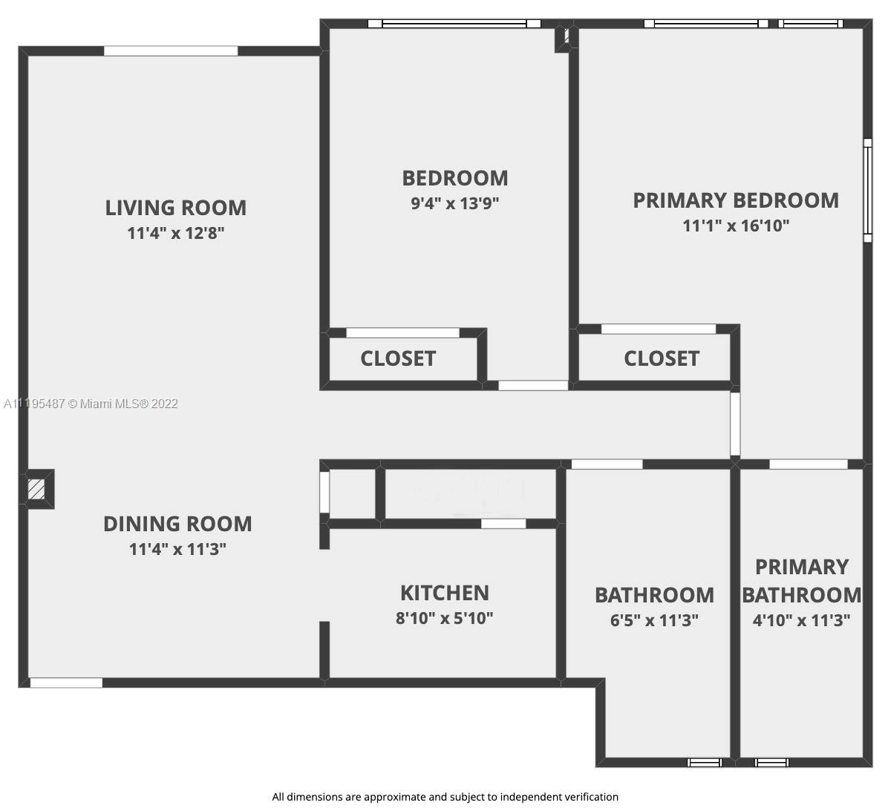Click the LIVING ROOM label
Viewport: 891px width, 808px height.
click(175, 208)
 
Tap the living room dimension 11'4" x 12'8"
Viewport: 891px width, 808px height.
click(176, 233)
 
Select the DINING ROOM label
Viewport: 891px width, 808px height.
click(177, 524)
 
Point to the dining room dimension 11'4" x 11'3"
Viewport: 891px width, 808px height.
click(177, 549)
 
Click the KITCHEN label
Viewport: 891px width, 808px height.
click(445, 593)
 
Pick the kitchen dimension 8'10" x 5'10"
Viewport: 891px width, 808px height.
click(445, 618)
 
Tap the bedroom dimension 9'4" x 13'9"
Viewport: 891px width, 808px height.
click(455, 203)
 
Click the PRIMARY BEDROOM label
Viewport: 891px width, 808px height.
click(736, 200)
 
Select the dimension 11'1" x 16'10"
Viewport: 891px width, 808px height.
click(736, 226)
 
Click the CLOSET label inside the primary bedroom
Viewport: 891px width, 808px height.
click(662, 358)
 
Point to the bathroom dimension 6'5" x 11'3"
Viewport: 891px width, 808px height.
click(654, 620)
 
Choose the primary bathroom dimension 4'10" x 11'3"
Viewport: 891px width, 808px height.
click(802, 620)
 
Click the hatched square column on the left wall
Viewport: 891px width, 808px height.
click(36, 489)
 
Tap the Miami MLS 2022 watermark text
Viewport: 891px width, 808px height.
click(91, 404)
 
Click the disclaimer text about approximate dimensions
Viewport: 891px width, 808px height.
click(445, 797)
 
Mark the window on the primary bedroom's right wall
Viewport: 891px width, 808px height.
click(867, 191)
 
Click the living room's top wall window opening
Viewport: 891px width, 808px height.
click(171, 50)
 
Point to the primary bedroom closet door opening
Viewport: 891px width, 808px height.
click(659, 329)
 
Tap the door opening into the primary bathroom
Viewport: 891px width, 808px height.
click(809, 464)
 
